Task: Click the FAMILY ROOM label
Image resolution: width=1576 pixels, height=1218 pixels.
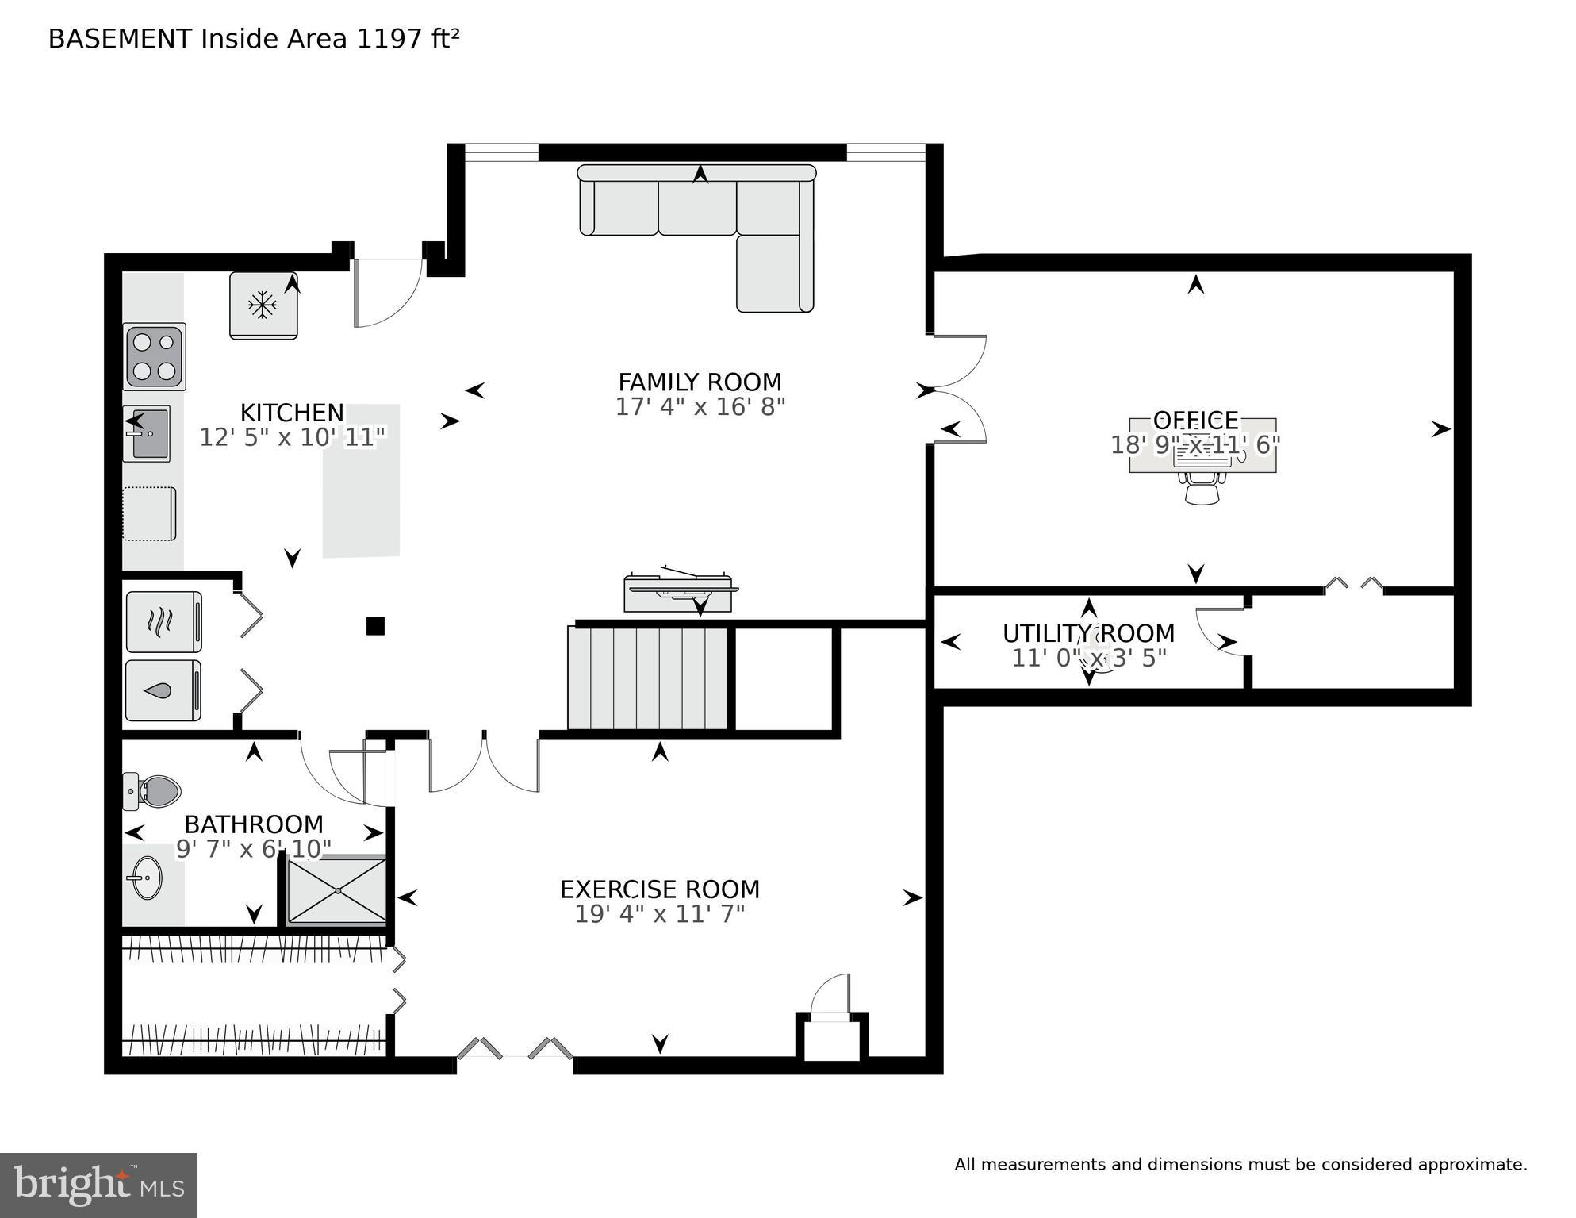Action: [x=700, y=382]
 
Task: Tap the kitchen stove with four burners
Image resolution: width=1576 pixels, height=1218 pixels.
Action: [x=154, y=356]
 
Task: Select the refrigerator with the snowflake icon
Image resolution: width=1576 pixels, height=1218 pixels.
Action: [x=263, y=305]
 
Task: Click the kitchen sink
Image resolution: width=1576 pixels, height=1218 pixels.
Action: [x=148, y=434]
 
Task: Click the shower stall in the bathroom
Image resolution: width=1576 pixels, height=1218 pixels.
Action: [x=337, y=890]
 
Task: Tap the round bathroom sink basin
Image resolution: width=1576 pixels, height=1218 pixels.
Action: [x=146, y=878]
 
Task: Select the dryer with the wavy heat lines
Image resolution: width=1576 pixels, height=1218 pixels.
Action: [x=163, y=621]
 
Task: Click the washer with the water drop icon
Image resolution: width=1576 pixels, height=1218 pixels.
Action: [x=163, y=690]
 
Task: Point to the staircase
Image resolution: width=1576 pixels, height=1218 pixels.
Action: [x=648, y=678]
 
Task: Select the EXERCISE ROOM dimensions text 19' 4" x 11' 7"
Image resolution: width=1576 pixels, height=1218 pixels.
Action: [x=660, y=914]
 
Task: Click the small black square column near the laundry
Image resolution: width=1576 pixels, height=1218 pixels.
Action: [x=375, y=626]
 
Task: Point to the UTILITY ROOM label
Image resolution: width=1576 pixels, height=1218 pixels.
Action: [x=1088, y=634]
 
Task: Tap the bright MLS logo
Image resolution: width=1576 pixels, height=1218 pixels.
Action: [x=98, y=1185]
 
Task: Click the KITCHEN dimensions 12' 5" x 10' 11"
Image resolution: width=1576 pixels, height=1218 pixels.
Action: [x=292, y=437]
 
